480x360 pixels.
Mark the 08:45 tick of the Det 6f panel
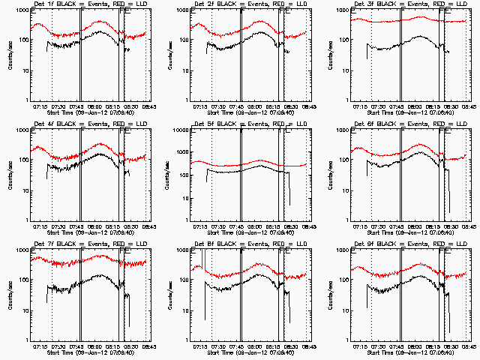coord(465,226)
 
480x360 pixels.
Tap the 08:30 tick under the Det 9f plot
coord(448,346)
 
